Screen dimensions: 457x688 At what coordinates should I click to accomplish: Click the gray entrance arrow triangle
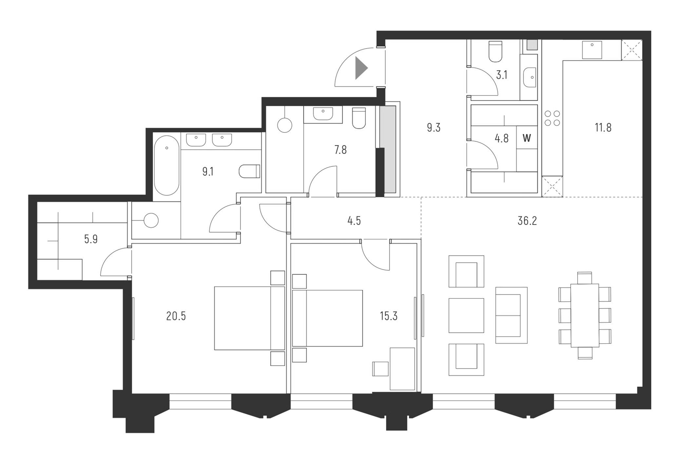361,68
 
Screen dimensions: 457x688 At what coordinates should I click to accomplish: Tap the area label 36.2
527,221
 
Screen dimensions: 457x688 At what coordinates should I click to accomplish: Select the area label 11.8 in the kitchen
603,127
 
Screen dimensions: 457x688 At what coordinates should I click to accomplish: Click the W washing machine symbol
526,138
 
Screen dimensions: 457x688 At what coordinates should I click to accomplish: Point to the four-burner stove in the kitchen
552,118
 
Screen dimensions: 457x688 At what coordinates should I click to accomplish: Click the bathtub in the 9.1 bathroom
167,165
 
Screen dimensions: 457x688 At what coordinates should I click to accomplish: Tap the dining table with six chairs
584,315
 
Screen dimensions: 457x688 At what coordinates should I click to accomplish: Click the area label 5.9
91,239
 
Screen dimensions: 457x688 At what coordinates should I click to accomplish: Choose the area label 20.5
176,316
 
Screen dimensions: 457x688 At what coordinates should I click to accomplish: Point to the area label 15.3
389,316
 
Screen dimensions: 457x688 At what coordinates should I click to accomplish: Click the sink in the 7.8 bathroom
323,114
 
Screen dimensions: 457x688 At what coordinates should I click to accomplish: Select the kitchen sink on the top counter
592,50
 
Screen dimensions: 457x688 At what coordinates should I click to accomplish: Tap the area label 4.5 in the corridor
354,221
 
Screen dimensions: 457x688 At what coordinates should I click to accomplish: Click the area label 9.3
433,127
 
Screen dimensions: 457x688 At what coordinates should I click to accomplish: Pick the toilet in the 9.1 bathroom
250,171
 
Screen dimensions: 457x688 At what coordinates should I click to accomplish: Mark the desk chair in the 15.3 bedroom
380,369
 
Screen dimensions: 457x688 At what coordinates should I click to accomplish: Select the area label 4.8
501,139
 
